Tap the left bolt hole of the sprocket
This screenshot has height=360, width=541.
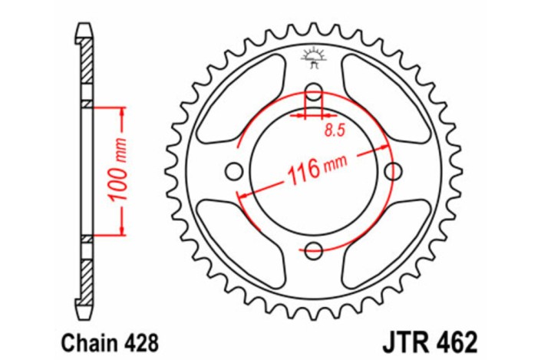(x=233, y=170)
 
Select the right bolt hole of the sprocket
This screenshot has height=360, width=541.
(x=394, y=170)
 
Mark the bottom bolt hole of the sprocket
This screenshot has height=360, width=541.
(x=313, y=249)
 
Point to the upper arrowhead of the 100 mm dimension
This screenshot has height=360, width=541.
(x=120, y=112)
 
